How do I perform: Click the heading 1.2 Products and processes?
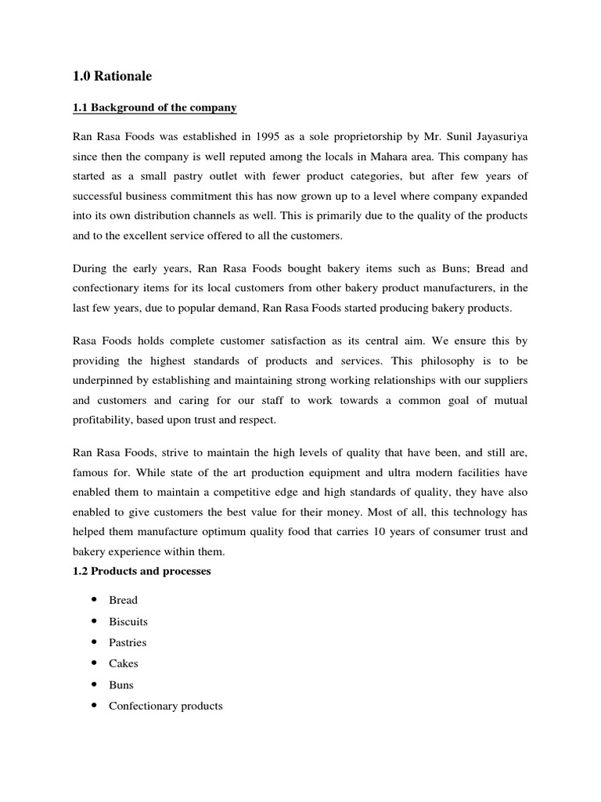point(141,571)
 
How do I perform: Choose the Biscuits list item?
point(128,621)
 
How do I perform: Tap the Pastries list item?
point(128,642)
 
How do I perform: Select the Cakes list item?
point(124,663)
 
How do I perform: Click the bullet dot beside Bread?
point(94,600)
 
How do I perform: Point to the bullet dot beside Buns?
point(94,685)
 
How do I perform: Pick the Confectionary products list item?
point(166,706)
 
